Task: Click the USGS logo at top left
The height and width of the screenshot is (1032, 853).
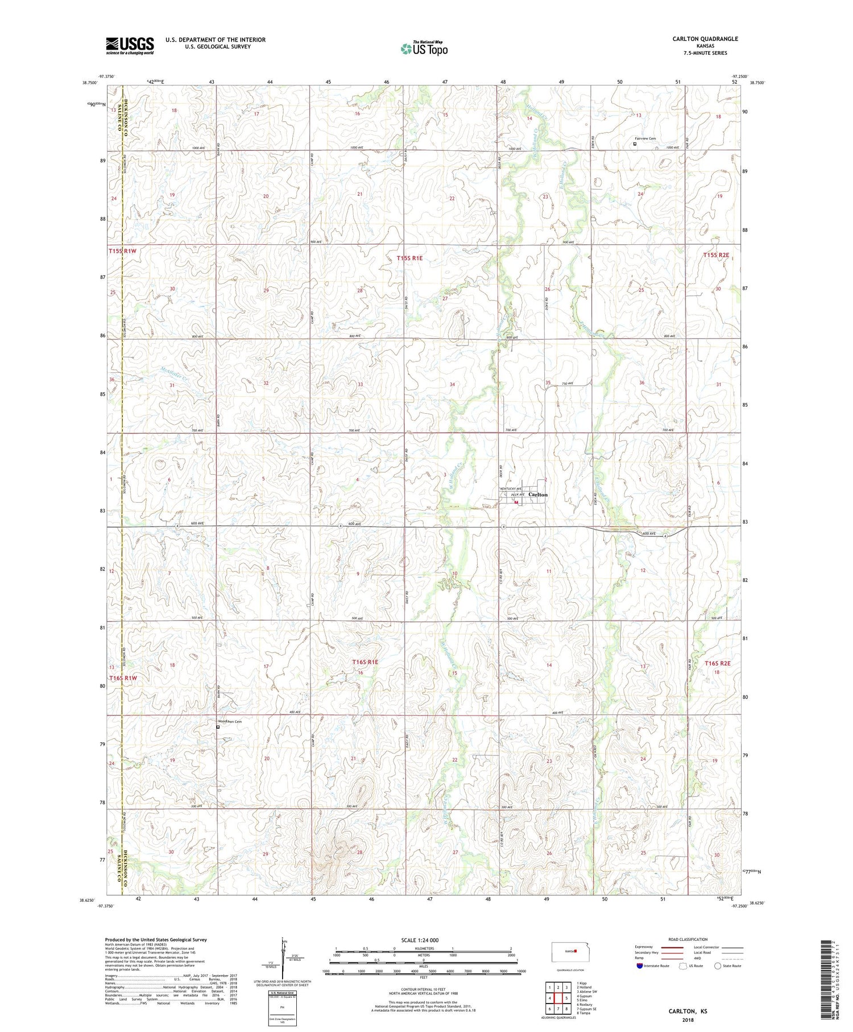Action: tap(130, 46)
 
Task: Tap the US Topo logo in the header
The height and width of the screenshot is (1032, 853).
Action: tap(423, 49)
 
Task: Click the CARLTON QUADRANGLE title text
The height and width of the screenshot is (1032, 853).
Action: tap(705, 39)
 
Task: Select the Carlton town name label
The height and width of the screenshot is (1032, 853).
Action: tap(538, 495)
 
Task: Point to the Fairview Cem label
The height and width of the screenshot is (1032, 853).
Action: tap(645, 138)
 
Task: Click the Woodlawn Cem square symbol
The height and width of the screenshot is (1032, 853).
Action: tap(218, 727)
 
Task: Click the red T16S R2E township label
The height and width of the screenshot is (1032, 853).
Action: tap(717, 663)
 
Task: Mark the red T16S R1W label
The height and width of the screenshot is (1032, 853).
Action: tap(123, 677)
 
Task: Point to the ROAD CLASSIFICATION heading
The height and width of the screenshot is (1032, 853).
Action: tap(688, 939)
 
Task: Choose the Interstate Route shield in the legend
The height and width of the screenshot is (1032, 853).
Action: tap(640, 965)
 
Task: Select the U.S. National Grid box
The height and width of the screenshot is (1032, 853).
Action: tap(282, 1008)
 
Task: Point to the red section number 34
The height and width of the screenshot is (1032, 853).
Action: tap(452, 385)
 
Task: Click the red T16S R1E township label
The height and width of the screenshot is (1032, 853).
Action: tap(365, 662)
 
